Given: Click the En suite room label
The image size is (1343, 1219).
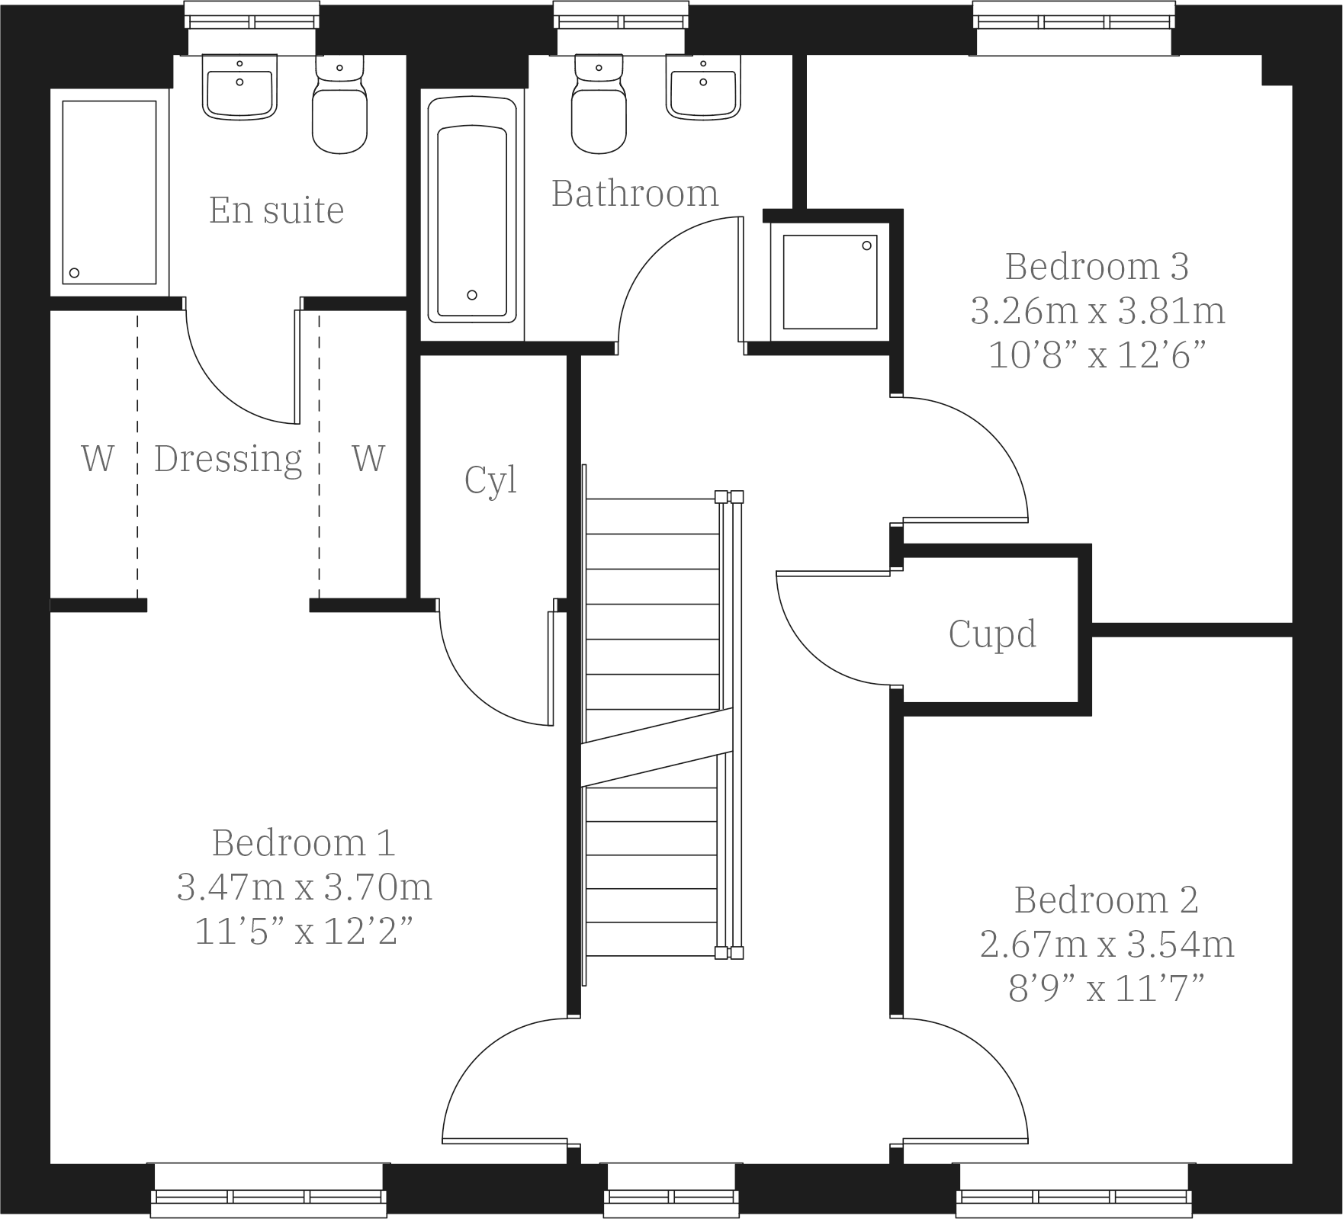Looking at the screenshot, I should pyautogui.click(x=276, y=210).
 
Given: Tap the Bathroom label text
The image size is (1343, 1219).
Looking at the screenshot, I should pyautogui.click(x=635, y=194).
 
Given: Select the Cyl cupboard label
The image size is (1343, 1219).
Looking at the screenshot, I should pyautogui.click(x=490, y=480).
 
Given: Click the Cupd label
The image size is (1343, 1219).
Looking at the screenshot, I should pyautogui.click(x=992, y=634).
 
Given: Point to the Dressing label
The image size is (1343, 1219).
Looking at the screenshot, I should pyautogui.click(x=228, y=459).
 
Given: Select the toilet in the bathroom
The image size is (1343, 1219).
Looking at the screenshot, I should pyautogui.click(x=599, y=111).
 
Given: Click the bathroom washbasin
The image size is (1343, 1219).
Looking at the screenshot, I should pyautogui.click(x=703, y=90).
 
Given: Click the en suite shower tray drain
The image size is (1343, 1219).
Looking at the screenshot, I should pyautogui.click(x=75, y=273).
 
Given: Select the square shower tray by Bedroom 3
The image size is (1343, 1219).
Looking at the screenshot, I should pyautogui.click(x=830, y=281).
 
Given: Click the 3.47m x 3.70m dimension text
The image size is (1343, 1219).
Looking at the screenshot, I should pyautogui.click(x=304, y=887).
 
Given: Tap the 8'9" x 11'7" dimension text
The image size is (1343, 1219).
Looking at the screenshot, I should pyautogui.click(x=1106, y=990).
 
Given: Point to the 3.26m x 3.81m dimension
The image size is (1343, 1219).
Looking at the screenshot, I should pyautogui.click(x=1097, y=311).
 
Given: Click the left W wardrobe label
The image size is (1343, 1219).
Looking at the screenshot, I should pyautogui.click(x=98, y=459).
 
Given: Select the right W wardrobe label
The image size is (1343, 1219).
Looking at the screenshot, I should pyautogui.click(x=368, y=459).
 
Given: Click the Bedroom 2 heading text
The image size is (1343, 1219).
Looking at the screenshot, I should pyautogui.click(x=1106, y=900).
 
